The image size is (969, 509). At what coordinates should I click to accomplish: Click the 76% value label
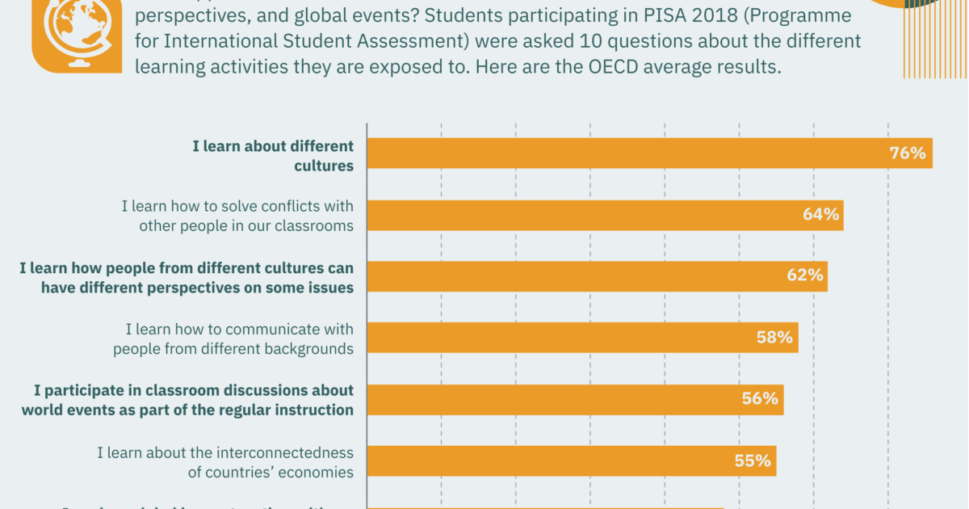(x=907, y=153)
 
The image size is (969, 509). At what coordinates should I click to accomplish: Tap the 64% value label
(x=820, y=215)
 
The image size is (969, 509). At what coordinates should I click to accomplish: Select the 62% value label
(x=805, y=276)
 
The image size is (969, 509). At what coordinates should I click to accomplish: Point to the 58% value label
(x=775, y=337)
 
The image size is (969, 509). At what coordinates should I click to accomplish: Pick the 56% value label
(x=760, y=398)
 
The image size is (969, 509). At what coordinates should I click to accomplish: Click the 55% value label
(x=753, y=461)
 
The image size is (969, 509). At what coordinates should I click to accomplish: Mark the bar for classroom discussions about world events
(x=549, y=398)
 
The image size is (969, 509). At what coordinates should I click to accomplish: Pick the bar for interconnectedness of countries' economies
(x=549, y=461)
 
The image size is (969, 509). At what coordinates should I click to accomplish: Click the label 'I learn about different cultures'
(x=273, y=155)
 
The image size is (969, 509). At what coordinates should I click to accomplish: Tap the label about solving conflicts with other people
(x=238, y=216)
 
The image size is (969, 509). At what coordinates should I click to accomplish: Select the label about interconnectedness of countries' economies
(x=226, y=462)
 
